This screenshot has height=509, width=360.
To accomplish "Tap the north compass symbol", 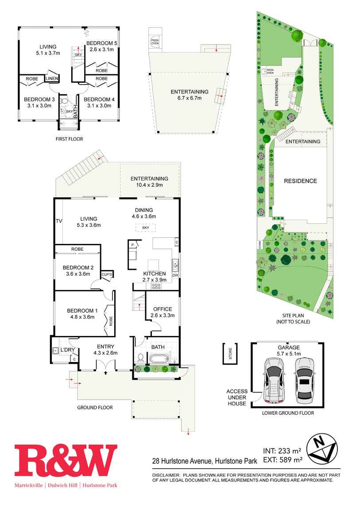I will (322, 451).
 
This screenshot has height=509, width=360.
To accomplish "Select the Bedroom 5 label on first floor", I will (101, 43).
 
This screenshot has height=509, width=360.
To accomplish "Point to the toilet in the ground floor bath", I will (140, 357).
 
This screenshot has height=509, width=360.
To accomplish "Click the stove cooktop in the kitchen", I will (156, 286).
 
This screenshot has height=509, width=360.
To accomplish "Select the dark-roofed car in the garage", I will (304, 380).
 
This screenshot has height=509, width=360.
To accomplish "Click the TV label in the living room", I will (58, 221).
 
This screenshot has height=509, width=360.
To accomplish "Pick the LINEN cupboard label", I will (51, 79).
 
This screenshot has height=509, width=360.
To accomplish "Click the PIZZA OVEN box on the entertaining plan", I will (155, 41).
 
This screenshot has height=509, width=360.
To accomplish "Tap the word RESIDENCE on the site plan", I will (300, 181).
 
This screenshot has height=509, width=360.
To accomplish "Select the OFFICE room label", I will (163, 309).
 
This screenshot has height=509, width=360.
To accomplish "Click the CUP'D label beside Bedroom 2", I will (107, 275).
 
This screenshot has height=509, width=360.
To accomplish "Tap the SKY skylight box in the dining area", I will (146, 228).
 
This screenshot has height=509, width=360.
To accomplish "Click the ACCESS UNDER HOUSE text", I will (236, 397).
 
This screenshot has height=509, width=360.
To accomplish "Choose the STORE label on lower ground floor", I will (229, 353).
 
